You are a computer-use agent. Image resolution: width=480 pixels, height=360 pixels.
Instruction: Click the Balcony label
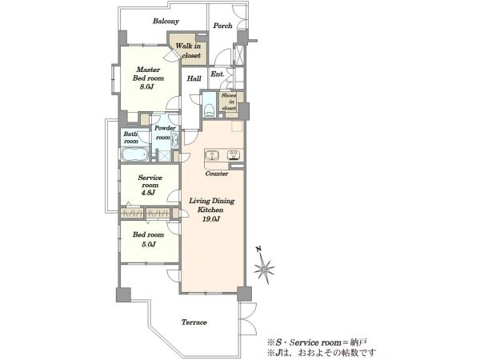[166, 21]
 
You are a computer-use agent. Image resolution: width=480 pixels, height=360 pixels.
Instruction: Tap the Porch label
[222, 26]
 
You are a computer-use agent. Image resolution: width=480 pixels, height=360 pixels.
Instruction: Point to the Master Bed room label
[148, 74]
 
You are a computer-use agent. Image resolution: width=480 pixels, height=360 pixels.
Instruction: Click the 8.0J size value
[146, 87]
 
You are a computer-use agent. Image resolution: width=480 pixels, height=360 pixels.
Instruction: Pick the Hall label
[194, 78]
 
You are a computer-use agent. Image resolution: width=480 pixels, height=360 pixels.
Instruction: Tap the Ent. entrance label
[218, 74]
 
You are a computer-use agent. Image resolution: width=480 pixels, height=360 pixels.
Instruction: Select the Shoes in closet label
[229, 102]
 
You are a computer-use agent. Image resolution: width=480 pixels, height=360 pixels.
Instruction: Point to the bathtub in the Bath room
[134, 154]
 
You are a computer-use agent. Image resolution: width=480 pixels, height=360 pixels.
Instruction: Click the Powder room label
[165, 133]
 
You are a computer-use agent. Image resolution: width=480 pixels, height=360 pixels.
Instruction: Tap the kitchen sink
[212, 155]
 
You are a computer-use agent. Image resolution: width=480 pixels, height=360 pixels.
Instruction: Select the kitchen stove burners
[234, 155]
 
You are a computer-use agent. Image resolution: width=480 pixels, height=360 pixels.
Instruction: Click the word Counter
[217, 174]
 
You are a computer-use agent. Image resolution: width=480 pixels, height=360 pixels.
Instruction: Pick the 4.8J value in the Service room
[148, 193]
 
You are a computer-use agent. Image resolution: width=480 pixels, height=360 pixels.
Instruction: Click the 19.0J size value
[211, 219]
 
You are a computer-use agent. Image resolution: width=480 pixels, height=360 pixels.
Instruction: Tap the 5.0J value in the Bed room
[149, 244]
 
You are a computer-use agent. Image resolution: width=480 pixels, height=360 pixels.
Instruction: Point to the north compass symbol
[263, 267]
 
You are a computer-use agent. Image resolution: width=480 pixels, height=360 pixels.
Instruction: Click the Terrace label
[194, 322]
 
